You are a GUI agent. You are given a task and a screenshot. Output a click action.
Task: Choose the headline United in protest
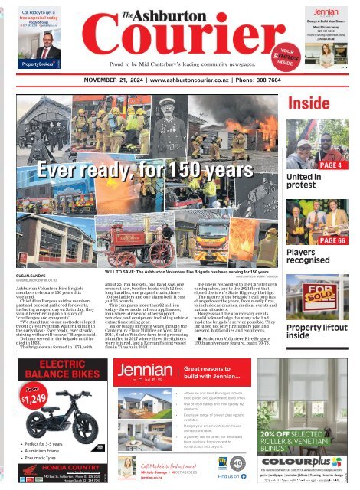[303, 182]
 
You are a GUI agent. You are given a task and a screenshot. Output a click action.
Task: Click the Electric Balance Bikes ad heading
[50, 369]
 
